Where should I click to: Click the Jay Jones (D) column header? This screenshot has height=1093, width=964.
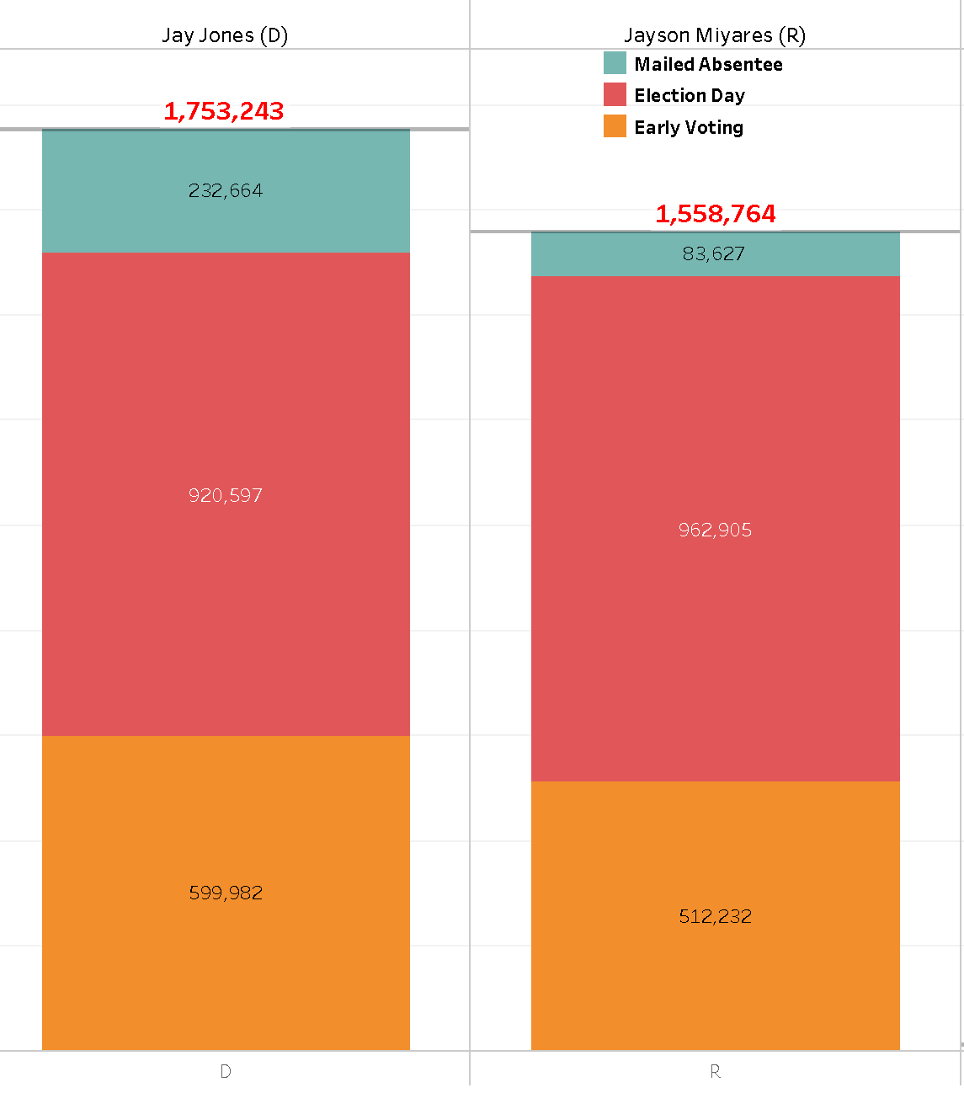click(225, 35)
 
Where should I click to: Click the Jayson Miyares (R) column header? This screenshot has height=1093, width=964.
click(715, 35)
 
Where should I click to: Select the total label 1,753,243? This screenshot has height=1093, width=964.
click(224, 111)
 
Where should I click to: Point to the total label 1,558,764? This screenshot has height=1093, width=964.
click(716, 214)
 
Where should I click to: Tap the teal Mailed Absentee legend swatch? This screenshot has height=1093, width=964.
click(615, 63)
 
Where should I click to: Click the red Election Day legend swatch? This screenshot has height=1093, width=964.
click(615, 94)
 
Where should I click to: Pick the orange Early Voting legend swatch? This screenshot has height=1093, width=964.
click(615, 126)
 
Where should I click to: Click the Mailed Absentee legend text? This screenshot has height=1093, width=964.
click(708, 64)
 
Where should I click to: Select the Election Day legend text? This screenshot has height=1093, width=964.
click(690, 95)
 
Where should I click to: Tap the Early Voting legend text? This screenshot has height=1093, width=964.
click(689, 127)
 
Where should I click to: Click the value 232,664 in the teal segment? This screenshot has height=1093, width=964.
click(226, 190)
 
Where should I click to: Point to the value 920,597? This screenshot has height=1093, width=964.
click(226, 495)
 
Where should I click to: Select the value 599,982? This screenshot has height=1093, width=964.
click(226, 893)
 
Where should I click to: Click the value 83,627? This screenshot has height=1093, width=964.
click(714, 253)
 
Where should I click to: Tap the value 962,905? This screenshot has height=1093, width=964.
click(715, 530)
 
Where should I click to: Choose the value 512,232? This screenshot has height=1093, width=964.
click(715, 916)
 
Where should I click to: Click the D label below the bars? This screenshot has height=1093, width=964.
click(226, 1071)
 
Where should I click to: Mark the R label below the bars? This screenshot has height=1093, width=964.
click(715, 1071)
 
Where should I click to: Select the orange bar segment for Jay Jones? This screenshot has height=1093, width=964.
click(126, 968)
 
